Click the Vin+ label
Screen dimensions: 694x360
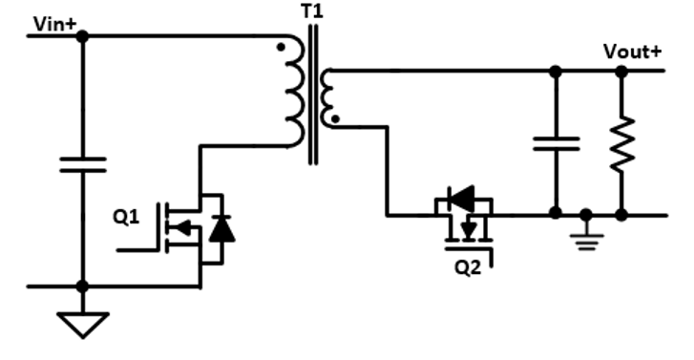coord(54,25)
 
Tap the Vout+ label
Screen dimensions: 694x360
coord(633,52)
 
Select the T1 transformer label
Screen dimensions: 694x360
coord(312,11)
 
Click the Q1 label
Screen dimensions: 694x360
coord(126,217)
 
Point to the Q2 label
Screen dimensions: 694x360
coord(468,267)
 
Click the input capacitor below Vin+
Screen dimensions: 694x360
coord(83,164)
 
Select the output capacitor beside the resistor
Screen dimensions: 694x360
coord(556,143)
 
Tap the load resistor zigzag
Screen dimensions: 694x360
coord(621,143)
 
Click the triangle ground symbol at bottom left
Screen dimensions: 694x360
coord(83,325)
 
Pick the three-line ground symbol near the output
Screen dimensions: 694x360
coord(586,243)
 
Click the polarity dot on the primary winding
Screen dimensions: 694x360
coord(281,47)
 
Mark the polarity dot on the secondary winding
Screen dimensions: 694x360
coord(335,118)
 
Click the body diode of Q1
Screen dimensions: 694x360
coord(221,228)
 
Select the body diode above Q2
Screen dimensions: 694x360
coord(462,199)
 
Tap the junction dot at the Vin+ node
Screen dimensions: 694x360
coord(82,36)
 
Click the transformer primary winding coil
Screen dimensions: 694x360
coord(296,92)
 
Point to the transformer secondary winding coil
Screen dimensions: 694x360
coord(327,98)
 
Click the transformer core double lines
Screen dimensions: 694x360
coord(313,95)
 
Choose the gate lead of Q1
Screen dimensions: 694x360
coord(137,250)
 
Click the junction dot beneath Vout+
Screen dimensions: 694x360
coord(621,71)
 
